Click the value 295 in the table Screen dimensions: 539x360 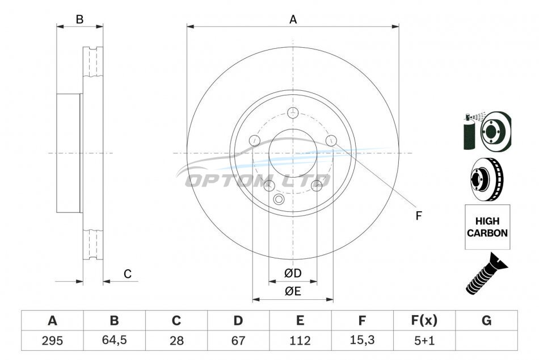(x=52, y=341)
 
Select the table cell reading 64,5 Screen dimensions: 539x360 (x=114, y=340)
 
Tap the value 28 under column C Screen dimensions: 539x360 (x=176, y=341)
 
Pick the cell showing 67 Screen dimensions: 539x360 (x=238, y=341)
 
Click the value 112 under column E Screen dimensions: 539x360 (x=300, y=341)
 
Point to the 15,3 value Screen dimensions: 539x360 (x=362, y=340)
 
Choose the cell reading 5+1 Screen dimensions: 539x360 (x=424, y=341)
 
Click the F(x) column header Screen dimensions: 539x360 (x=424, y=320)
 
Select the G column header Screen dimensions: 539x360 (x=486, y=320)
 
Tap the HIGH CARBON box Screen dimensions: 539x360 (x=487, y=227)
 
